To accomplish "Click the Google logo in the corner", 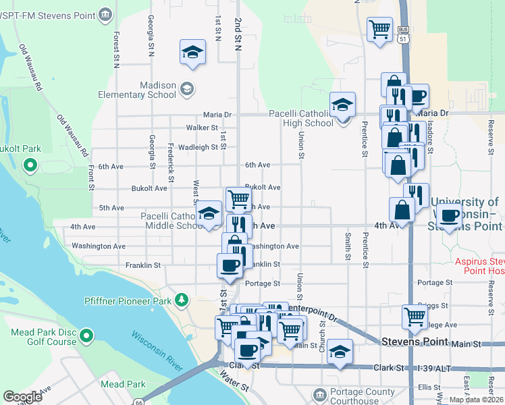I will (22, 397).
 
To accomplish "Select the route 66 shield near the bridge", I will (138, 402).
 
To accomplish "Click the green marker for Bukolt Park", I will (30, 165).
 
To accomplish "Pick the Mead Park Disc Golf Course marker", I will (86, 336).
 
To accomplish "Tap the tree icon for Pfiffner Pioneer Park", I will (180, 299).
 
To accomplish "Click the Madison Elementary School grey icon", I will (187, 88).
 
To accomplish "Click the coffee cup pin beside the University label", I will (448, 216).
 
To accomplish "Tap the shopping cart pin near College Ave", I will (414, 315).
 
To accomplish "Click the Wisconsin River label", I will (156, 350).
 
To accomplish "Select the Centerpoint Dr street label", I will (311, 313).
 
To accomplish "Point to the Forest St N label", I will (116, 50).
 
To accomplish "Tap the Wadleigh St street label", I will (198, 146).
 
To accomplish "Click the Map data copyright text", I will (475, 400).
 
